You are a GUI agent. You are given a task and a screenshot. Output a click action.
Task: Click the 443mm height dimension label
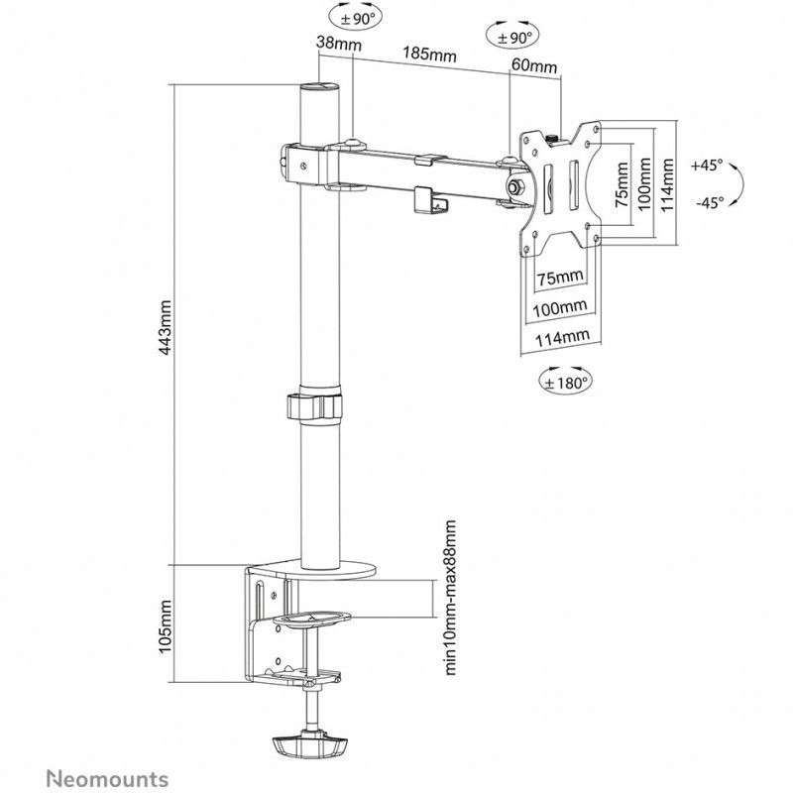click(167, 326)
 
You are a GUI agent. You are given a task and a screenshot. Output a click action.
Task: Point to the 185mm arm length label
click(427, 55)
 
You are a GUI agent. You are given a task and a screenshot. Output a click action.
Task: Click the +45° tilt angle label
click(709, 165)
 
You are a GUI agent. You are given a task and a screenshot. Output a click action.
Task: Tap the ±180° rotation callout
click(564, 379)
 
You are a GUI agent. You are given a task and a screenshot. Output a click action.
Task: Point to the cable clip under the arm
click(428, 197)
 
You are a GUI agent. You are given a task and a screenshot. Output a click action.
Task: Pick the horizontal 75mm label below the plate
click(558, 276)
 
